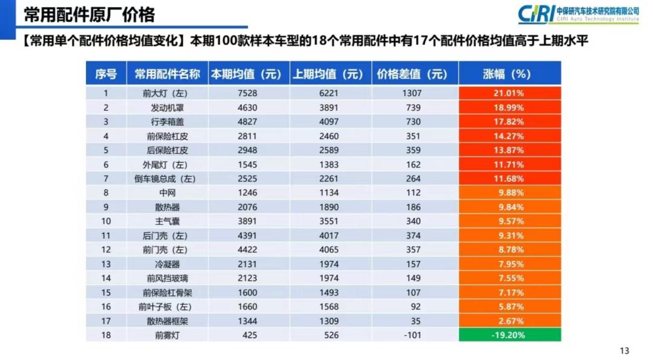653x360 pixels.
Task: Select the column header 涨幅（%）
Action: [x=509, y=74]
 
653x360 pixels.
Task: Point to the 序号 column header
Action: [x=106, y=74]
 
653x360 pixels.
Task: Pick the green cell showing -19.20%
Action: [x=509, y=335]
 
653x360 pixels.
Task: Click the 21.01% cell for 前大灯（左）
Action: [x=509, y=93]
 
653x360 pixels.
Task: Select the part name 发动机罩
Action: [x=167, y=108]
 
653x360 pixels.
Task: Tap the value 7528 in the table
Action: [x=249, y=93]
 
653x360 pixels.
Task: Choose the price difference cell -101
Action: [x=414, y=335]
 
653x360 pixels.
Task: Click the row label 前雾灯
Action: [x=167, y=335]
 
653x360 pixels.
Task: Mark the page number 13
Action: [x=625, y=350]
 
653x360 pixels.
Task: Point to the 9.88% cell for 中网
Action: [x=509, y=193]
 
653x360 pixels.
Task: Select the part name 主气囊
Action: [x=167, y=221]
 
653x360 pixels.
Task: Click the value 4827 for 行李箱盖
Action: [x=249, y=122]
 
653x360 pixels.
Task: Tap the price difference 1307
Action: [x=414, y=93]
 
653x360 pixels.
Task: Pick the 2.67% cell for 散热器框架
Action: [x=509, y=321]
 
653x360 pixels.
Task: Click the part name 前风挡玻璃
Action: [x=167, y=278]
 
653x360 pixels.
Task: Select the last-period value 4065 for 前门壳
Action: [x=331, y=250]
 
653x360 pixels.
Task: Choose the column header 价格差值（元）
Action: [x=414, y=74]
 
